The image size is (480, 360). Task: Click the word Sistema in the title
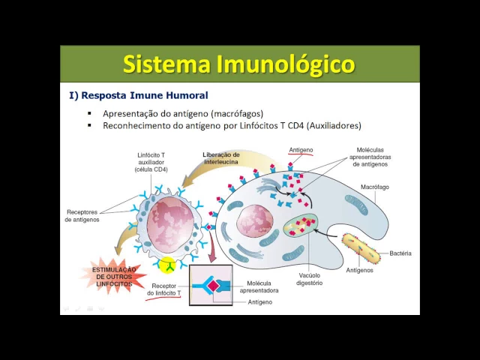(166, 64)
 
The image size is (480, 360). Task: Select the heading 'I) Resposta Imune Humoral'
(139, 96)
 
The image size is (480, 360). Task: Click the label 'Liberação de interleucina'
(221, 159)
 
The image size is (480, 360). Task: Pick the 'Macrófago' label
(374, 187)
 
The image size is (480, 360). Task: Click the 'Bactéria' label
(400, 253)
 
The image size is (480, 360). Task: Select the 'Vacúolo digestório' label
(309, 280)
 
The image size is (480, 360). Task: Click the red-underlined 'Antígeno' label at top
(301, 150)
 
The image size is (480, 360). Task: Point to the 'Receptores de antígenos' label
(82, 215)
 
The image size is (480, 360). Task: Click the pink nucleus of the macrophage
(254, 225)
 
